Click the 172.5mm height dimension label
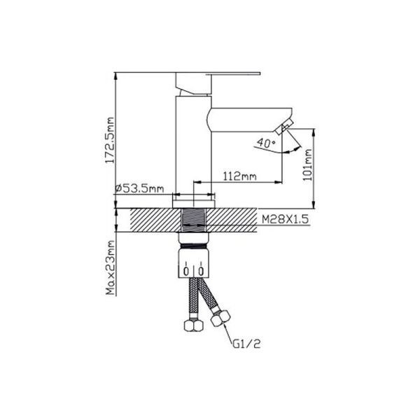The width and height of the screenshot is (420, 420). (x=110, y=140)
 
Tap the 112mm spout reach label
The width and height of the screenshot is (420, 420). (x=239, y=176)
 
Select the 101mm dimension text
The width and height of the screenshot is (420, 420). (x=307, y=164)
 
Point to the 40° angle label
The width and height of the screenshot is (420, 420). (x=266, y=143)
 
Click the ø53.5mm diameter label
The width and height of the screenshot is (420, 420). (x=139, y=188)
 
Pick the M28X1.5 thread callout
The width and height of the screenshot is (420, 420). (x=285, y=219)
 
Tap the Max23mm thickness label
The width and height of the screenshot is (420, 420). (x=110, y=267)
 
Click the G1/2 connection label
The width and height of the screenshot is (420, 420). (x=246, y=344)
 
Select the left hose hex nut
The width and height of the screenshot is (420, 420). (x=194, y=325)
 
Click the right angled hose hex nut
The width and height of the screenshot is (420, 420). (x=220, y=318)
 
